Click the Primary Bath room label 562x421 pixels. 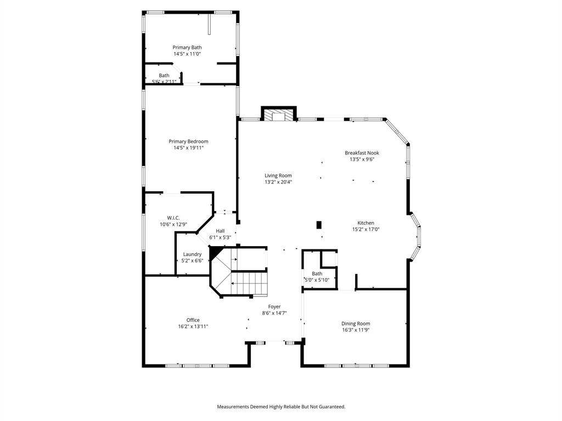coord(187,48)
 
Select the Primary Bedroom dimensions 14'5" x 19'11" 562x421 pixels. coord(188,148)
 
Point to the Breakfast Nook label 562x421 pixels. coord(362,153)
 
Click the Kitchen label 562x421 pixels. coord(366,223)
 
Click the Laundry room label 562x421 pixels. coord(192,254)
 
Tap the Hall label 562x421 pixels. coord(220,231)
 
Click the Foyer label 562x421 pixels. coord(274,306)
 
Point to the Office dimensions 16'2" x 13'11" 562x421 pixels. coord(193,327)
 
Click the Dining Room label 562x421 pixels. coord(356,323)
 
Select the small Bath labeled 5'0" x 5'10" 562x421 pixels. coord(317,274)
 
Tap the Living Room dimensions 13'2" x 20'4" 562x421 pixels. coord(278,182)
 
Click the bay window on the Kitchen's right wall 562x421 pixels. coord(417,236)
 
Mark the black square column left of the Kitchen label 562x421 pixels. coord(319,224)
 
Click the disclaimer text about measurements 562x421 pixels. coord(281,407)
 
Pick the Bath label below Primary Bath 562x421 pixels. coord(164,75)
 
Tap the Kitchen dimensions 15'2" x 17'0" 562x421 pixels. coord(366,230)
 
